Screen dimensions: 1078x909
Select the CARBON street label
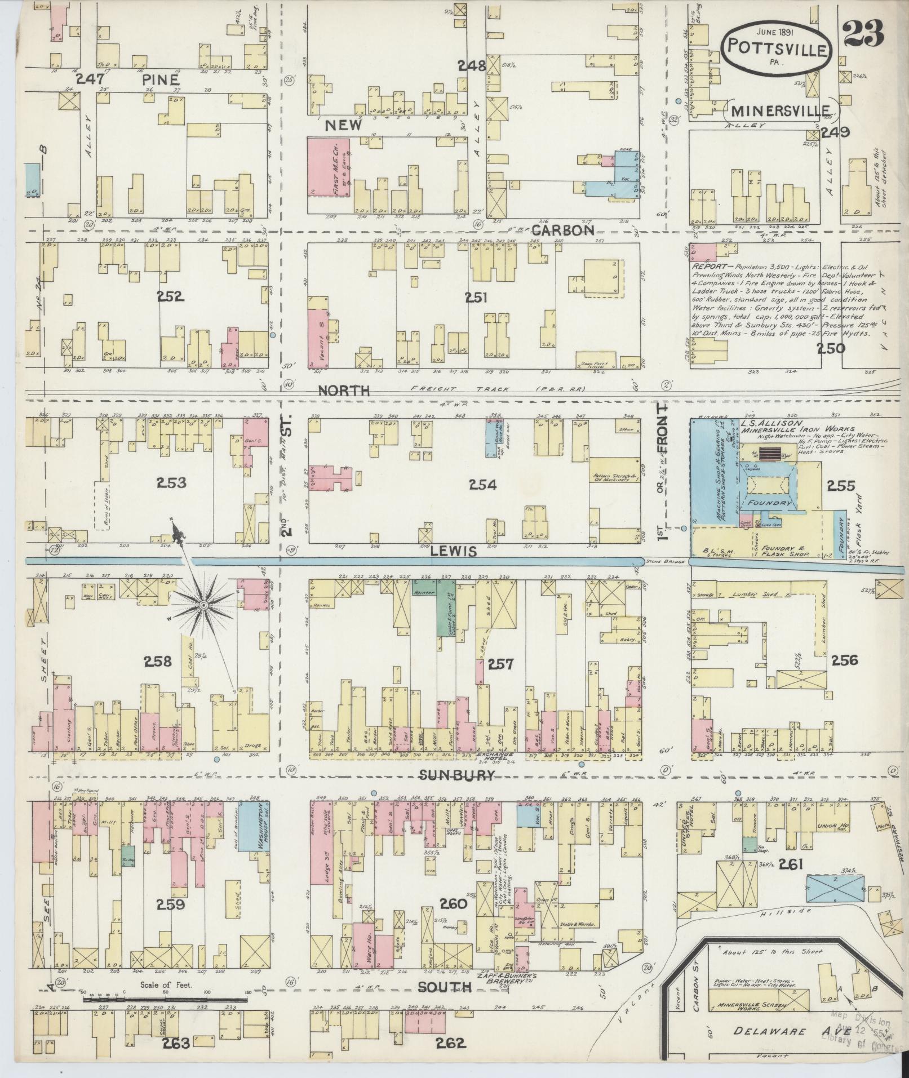click(x=563, y=230)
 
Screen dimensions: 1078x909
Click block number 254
click(x=483, y=485)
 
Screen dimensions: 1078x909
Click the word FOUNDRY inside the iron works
click(x=770, y=503)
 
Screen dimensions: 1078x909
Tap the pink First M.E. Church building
click(x=329, y=167)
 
